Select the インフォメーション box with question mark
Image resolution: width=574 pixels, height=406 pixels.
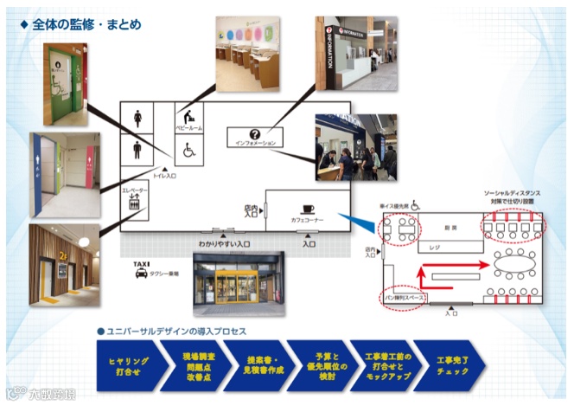coord(254,137)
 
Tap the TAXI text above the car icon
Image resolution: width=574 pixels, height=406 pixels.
coord(141,262)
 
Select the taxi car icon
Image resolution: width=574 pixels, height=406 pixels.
coord(141,274)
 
